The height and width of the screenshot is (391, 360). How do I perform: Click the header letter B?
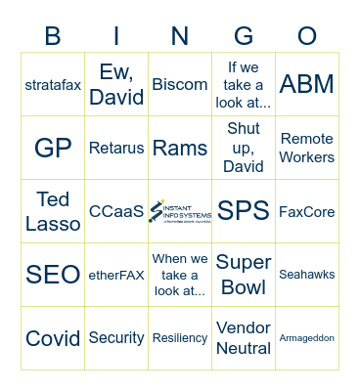tap(53, 36)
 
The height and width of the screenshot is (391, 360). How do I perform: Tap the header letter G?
tap(244, 36)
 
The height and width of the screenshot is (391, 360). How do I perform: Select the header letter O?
tap(307, 36)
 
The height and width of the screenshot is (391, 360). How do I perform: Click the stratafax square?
tap(53, 84)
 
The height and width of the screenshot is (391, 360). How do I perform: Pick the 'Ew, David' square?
tap(116, 84)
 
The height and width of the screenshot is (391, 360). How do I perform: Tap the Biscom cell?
tap(180, 84)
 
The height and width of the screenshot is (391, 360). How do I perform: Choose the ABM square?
tap(307, 84)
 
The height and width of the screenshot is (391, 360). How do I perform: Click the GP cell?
tap(53, 148)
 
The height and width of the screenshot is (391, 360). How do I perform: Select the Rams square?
tap(180, 148)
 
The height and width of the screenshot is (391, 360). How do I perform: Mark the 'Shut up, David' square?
tap(244, 148)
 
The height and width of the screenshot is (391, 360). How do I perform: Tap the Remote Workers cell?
tap(307, 148)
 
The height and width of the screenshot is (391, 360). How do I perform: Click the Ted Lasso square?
tap(53, 211)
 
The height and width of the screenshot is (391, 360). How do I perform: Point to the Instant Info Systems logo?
tap(180, 211)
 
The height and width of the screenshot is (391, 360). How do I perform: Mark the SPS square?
tap(244, 211)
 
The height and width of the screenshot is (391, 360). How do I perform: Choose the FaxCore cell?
tap(307, 211)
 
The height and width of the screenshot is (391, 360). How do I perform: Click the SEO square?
tap(53, 275)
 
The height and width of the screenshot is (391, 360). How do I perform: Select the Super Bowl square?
tap(244, 275)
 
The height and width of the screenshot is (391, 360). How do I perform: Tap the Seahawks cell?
tap(307, 275)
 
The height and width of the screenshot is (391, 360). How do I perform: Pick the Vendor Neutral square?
tap(244, 338)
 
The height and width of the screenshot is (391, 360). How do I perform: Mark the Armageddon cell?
tap(307, 338)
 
